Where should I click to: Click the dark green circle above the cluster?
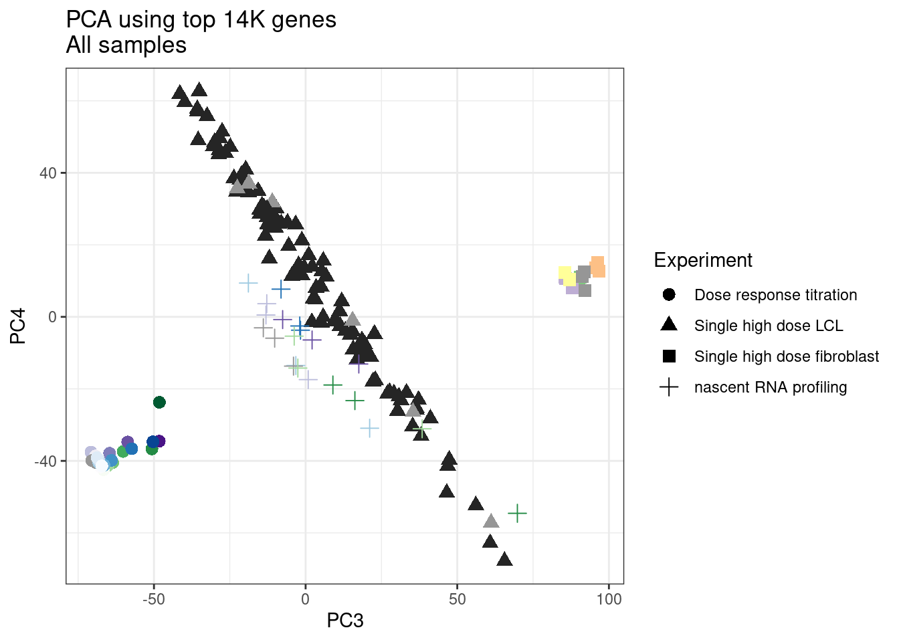click(x=159, y=402)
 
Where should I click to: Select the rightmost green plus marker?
click(x=517, y=513)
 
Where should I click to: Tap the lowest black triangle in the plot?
click(x=505, y=559)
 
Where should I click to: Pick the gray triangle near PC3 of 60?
click(x=492, y=521)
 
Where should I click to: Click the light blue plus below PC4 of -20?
click(x=369, y=427)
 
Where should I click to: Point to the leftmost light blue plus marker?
click(x=248, y=283)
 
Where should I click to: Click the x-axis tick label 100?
click(x=609, y=599)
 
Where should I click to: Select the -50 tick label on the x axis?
click(x=153, y=599)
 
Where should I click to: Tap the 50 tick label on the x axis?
click(x=457, y=599)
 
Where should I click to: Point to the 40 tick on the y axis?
click(x=48, y=173)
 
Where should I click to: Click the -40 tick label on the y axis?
click(x=45, y=461)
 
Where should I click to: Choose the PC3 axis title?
click(x=345, y=621)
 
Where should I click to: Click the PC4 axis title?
click(x=18, y=326)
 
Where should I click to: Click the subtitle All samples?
click(x=126, y=45)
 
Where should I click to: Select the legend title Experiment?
click(x=703, y=260)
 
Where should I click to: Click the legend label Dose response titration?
click(x=775, y=295)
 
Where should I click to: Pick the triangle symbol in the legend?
click(x=669, y=325)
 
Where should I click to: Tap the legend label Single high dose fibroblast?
click(x=787, y=356)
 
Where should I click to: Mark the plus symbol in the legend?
click(x=669, y=387)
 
